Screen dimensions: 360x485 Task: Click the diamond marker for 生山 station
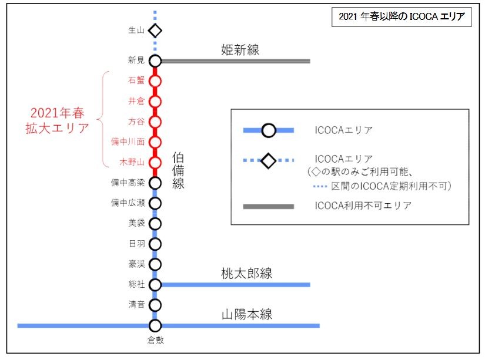click(x=155, y=30)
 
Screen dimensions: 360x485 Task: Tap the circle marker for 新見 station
click(x=155, y=60)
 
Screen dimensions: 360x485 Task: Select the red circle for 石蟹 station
click(x=155, y=81)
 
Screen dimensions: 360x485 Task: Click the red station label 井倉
click(x=136, y=102)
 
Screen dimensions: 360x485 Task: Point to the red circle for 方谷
click(x=155, y=122)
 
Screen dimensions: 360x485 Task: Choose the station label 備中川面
click(x=128, y=142)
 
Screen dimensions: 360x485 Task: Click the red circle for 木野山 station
click(x=155, y=162)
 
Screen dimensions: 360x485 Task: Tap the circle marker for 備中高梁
click(x=155, y=183)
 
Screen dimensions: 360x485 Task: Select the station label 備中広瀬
click(x=128, y=203)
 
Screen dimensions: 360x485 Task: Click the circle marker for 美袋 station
click(x=155, y=223)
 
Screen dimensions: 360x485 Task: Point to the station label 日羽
click(x=136, y=244)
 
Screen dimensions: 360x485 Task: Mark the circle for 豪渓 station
click(x=155, y=264)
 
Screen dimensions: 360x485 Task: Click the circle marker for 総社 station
click(x=155, y=285)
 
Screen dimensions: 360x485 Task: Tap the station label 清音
click(x=136, y=305)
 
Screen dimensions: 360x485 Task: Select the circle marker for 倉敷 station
click(x=155, y=325)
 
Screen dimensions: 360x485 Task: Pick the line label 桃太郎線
click(x=247, y=273)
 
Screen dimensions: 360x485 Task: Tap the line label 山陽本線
click(x=247, y=314)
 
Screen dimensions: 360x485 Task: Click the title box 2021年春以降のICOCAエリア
click(x=402, y=18)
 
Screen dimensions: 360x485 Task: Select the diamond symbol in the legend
click(x=269, y=160)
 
